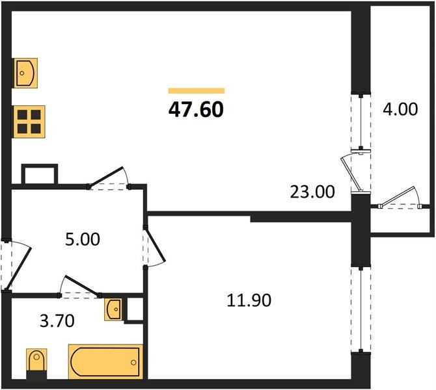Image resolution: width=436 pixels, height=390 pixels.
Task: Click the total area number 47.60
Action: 196,109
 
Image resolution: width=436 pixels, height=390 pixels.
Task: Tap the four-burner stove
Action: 29,120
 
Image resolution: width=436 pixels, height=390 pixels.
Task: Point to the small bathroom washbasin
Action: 113,309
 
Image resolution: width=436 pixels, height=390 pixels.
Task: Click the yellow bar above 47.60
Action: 196,91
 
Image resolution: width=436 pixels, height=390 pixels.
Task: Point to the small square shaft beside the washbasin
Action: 135,309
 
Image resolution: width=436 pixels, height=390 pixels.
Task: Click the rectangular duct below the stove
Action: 40,174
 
